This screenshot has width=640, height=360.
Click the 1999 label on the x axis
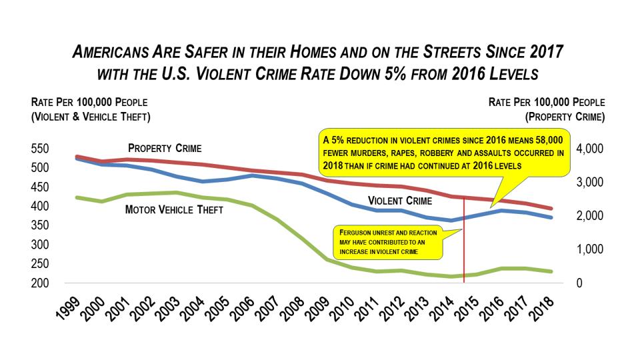pyautogui.click(x=69, y=307)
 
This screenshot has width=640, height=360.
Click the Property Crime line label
pyautogui.click(x=165, y=148)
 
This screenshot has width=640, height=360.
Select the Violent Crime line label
pyautogui.click(x=399, y=200)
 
